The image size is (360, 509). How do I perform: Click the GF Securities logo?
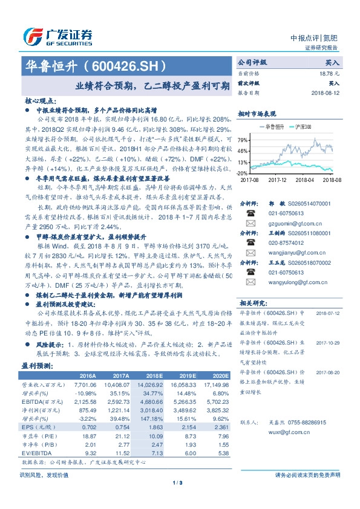pos(57,35)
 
